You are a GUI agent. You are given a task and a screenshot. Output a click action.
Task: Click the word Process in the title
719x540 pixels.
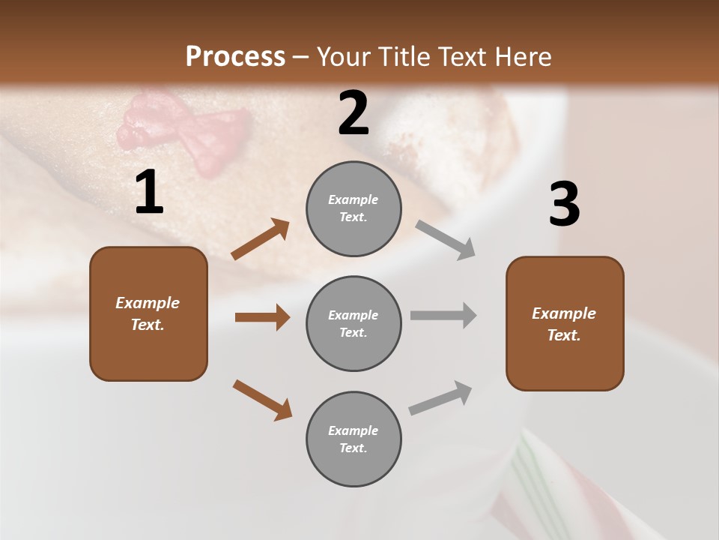[235, 56]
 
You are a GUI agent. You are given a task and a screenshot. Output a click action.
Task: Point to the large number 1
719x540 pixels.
[149, 193]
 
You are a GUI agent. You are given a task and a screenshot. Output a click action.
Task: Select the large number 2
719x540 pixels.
[354, 113]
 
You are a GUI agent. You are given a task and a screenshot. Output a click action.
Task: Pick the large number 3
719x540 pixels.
[564, 204]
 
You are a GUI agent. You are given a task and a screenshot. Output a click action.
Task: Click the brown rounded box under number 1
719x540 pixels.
[148, 313]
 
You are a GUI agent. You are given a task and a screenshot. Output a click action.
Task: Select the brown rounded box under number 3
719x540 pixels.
[565, 324]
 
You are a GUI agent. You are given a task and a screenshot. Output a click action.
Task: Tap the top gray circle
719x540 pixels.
[354, 208]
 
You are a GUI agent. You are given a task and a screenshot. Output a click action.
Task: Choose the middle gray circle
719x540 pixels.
[354, 323]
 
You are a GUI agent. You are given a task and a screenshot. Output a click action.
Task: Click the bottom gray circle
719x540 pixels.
[354, 439]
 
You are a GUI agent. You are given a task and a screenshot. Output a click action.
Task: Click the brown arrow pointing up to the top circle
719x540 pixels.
[261, 239]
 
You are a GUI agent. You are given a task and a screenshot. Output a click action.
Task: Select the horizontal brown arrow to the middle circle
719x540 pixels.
[262, 317]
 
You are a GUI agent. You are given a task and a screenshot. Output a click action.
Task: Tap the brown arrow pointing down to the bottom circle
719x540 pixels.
[262, 400]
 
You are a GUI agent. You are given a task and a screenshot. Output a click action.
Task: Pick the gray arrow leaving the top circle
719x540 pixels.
[446, 239]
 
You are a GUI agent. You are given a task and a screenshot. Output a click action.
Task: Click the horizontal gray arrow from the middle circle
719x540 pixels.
[443, 316]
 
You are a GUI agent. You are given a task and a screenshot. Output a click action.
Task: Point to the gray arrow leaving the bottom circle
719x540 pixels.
[440, 397]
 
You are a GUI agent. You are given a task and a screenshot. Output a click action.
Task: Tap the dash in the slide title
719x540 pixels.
[301, 57]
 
